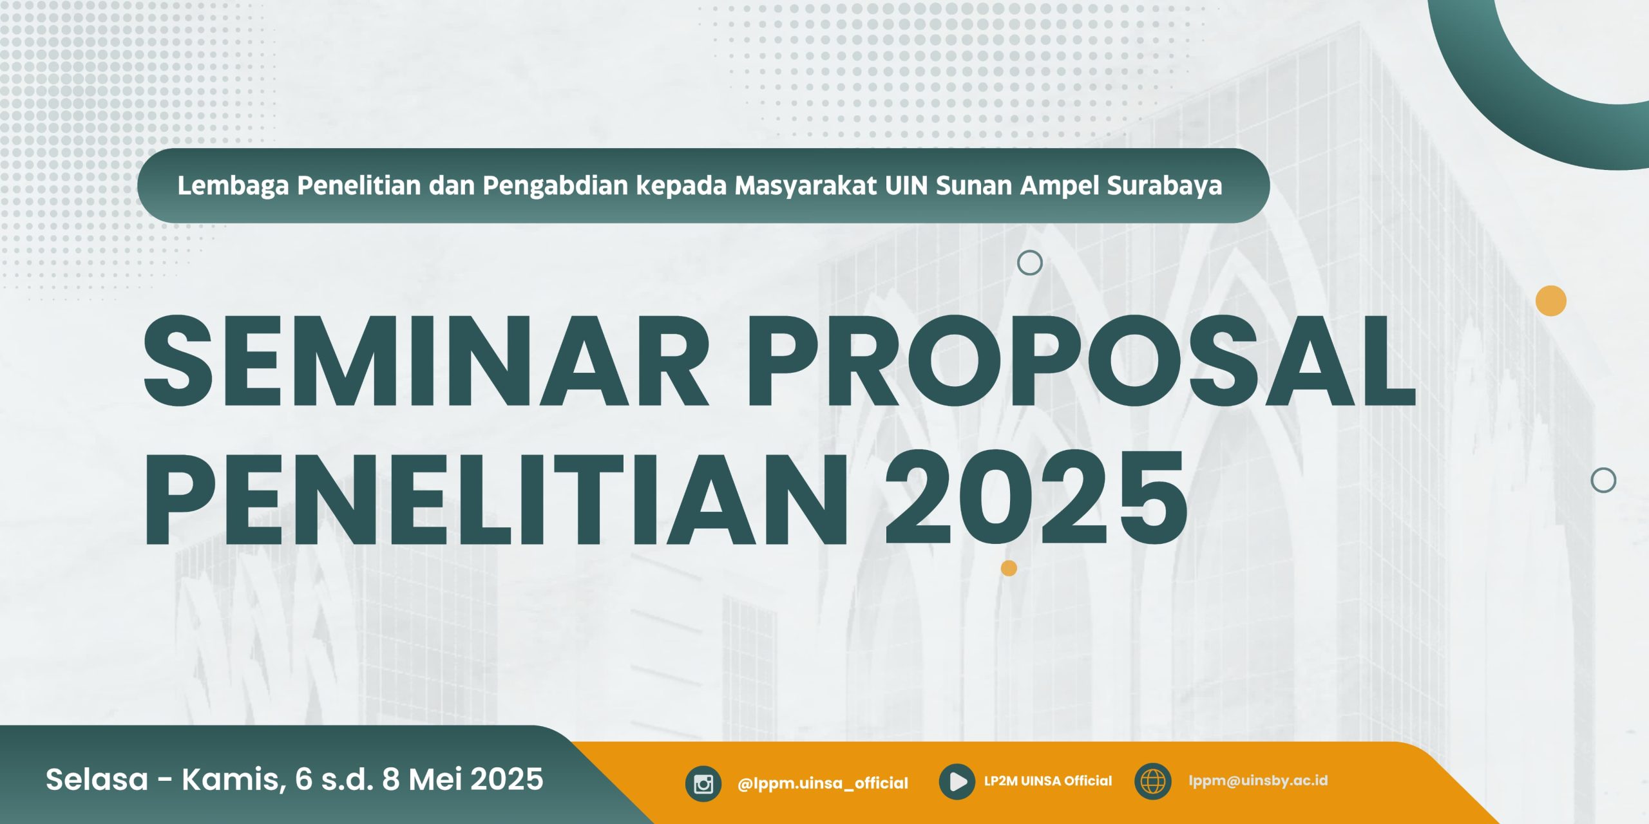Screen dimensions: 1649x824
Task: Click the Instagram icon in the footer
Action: point(703,783)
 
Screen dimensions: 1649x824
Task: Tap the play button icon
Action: point(957,782)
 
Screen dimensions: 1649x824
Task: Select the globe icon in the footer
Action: point(1153,782)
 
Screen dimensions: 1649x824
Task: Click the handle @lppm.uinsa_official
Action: point(823,783)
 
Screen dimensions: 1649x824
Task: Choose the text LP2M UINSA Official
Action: point(1048,781)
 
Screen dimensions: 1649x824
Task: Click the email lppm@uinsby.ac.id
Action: point(1258,781)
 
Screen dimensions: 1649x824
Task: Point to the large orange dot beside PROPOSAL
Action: point(1551,301)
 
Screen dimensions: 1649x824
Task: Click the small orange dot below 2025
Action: point(1009,568)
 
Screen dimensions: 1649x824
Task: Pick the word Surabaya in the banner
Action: point(1165,186)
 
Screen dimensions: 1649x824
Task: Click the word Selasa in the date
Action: point(97,780)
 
